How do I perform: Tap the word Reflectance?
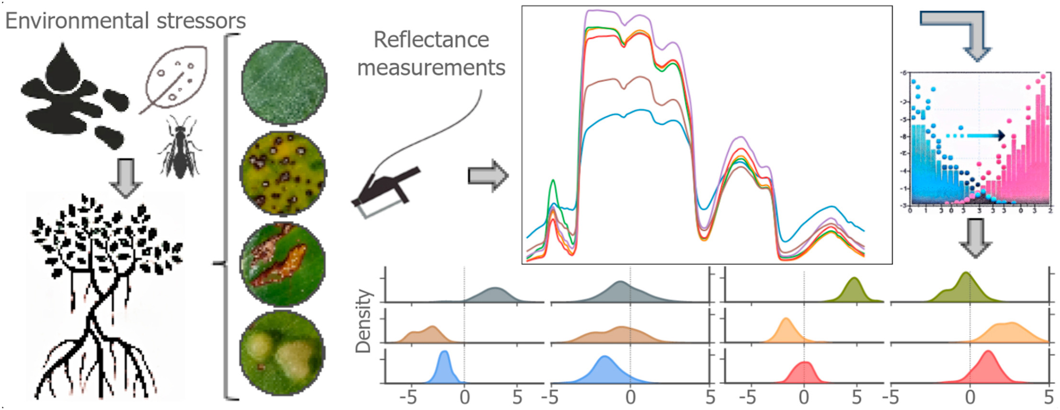pos(431,40)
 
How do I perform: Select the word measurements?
pos(431,68)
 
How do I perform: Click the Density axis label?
pos(364,321)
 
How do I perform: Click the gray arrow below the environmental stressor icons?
pos(125,178)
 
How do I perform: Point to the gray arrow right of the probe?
pos(488,176)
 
